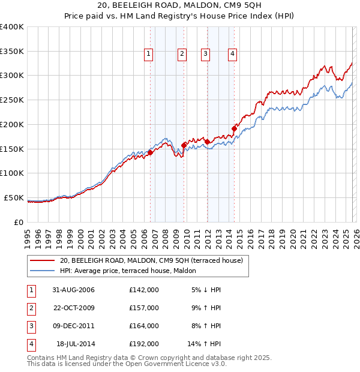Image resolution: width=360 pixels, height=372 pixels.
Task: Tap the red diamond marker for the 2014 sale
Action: pos(234,128)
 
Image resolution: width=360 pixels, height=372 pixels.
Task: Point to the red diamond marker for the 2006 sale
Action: pos(151,152)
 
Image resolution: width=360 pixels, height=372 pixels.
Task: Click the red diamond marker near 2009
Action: pos(184,145)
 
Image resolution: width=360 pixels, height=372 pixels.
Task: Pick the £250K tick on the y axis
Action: pos(12,100)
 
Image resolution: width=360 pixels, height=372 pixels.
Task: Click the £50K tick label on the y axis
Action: pos(14,197)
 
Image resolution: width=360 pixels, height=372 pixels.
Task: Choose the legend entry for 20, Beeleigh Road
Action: pos(151,260)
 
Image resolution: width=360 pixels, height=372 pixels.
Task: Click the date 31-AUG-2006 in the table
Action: pos(73,289)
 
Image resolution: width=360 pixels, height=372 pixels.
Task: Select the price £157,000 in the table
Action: pos(144,308)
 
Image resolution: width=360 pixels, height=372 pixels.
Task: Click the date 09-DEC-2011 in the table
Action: pos(73,326)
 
